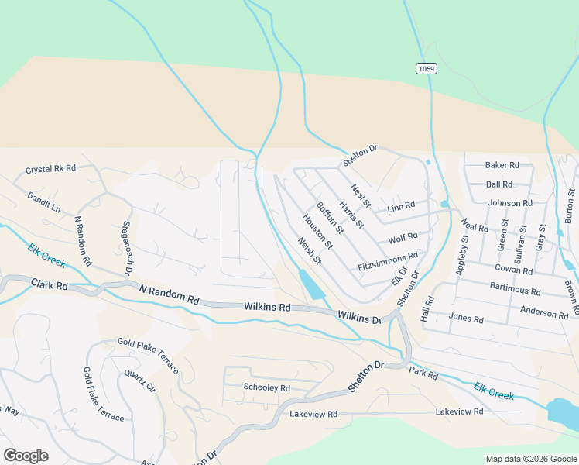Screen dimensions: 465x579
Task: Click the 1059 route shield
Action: coord(426,69)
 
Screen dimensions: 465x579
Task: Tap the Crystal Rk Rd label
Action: coord(50,168)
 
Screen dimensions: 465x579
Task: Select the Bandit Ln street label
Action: coord(43,202)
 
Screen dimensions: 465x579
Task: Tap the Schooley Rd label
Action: coord(266,387)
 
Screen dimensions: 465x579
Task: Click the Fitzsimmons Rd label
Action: coord(388,260)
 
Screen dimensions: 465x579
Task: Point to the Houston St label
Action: coord(317,231)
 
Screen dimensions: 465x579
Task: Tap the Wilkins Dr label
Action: coord(360,318)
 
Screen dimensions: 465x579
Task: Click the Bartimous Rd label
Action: coord(515,290)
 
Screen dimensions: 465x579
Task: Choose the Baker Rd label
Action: coord(502,165)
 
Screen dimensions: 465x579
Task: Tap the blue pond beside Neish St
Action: coord(311,285)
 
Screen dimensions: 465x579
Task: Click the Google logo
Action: coord(26,455)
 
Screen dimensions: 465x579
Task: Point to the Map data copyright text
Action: coord(530,459)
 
